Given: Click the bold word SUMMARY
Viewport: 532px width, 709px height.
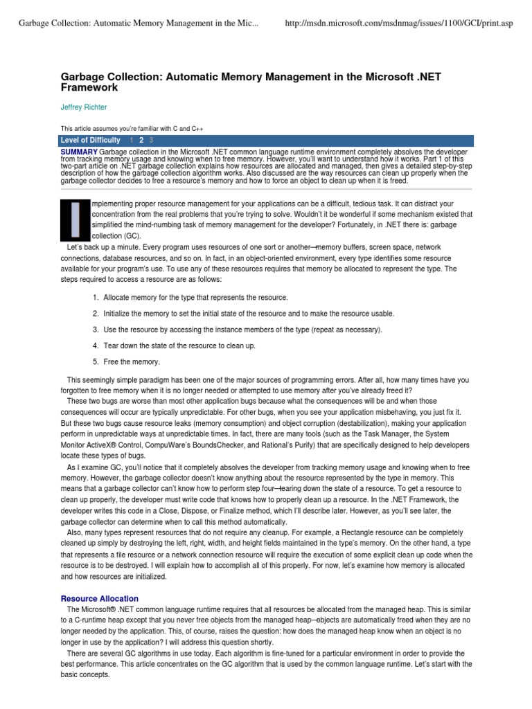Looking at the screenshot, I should point(79,150).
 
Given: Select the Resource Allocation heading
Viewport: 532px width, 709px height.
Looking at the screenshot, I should point(100,598).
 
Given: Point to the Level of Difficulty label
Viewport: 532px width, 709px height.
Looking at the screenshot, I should point(90,140).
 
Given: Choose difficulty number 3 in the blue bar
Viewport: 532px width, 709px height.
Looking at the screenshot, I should point(151,140).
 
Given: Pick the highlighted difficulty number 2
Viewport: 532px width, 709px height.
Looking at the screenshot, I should point(141,140).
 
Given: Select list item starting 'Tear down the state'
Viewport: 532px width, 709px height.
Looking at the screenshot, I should point(179,345).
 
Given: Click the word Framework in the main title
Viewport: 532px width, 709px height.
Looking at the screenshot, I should point(89,88).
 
